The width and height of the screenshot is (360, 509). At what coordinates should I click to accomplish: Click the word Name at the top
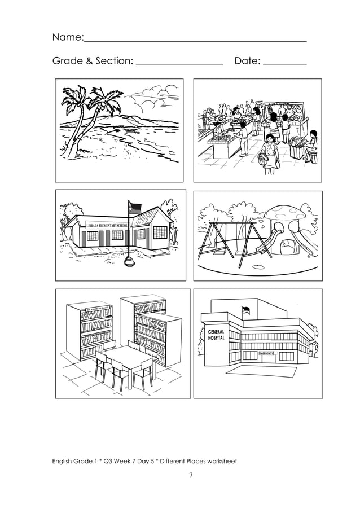pyautogui.click(x=67, y=38)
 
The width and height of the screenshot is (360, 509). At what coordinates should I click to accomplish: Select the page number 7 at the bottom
pyautogui.click(x=191, y=475)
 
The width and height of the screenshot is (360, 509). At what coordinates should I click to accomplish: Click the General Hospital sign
pyautogui.click(x=216, y=334)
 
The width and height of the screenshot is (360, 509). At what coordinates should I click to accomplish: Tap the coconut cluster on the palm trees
pyautogui.click(x=100, y=105)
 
